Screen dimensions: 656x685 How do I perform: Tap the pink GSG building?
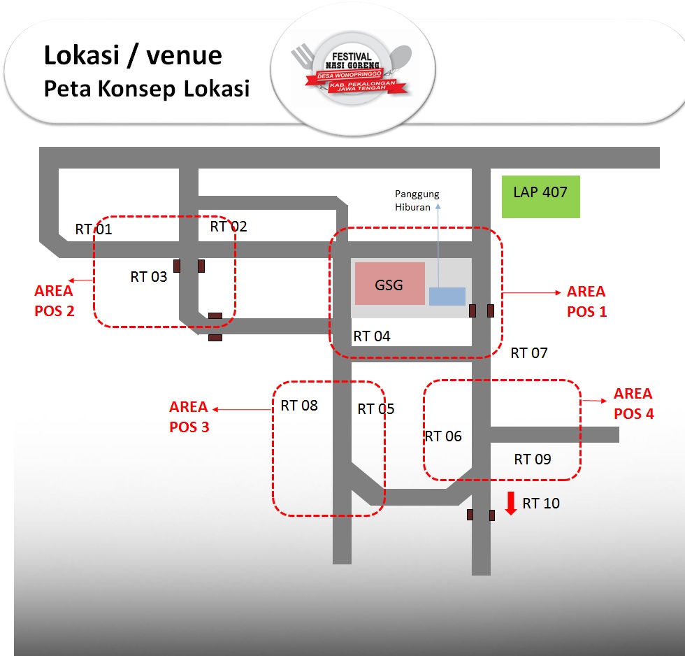389,283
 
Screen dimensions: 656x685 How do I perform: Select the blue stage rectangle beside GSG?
447,297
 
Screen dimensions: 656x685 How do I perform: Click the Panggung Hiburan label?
417,200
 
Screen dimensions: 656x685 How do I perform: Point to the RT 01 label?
94,229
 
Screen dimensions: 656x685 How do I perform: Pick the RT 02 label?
229,227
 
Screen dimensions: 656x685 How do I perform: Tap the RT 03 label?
149,277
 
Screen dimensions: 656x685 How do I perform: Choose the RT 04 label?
372,336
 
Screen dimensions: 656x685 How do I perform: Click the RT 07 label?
529,353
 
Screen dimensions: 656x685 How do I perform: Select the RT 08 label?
299,405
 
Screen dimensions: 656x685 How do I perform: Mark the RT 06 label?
443,436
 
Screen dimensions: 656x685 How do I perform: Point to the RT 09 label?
533,459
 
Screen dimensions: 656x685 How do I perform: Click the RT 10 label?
541,504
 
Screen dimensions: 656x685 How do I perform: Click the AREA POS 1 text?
586,301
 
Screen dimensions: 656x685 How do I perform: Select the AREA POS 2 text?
54,301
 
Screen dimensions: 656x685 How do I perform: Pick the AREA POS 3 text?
189,416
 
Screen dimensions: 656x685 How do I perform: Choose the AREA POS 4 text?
633,404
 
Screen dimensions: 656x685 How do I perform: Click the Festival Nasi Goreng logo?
350,71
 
